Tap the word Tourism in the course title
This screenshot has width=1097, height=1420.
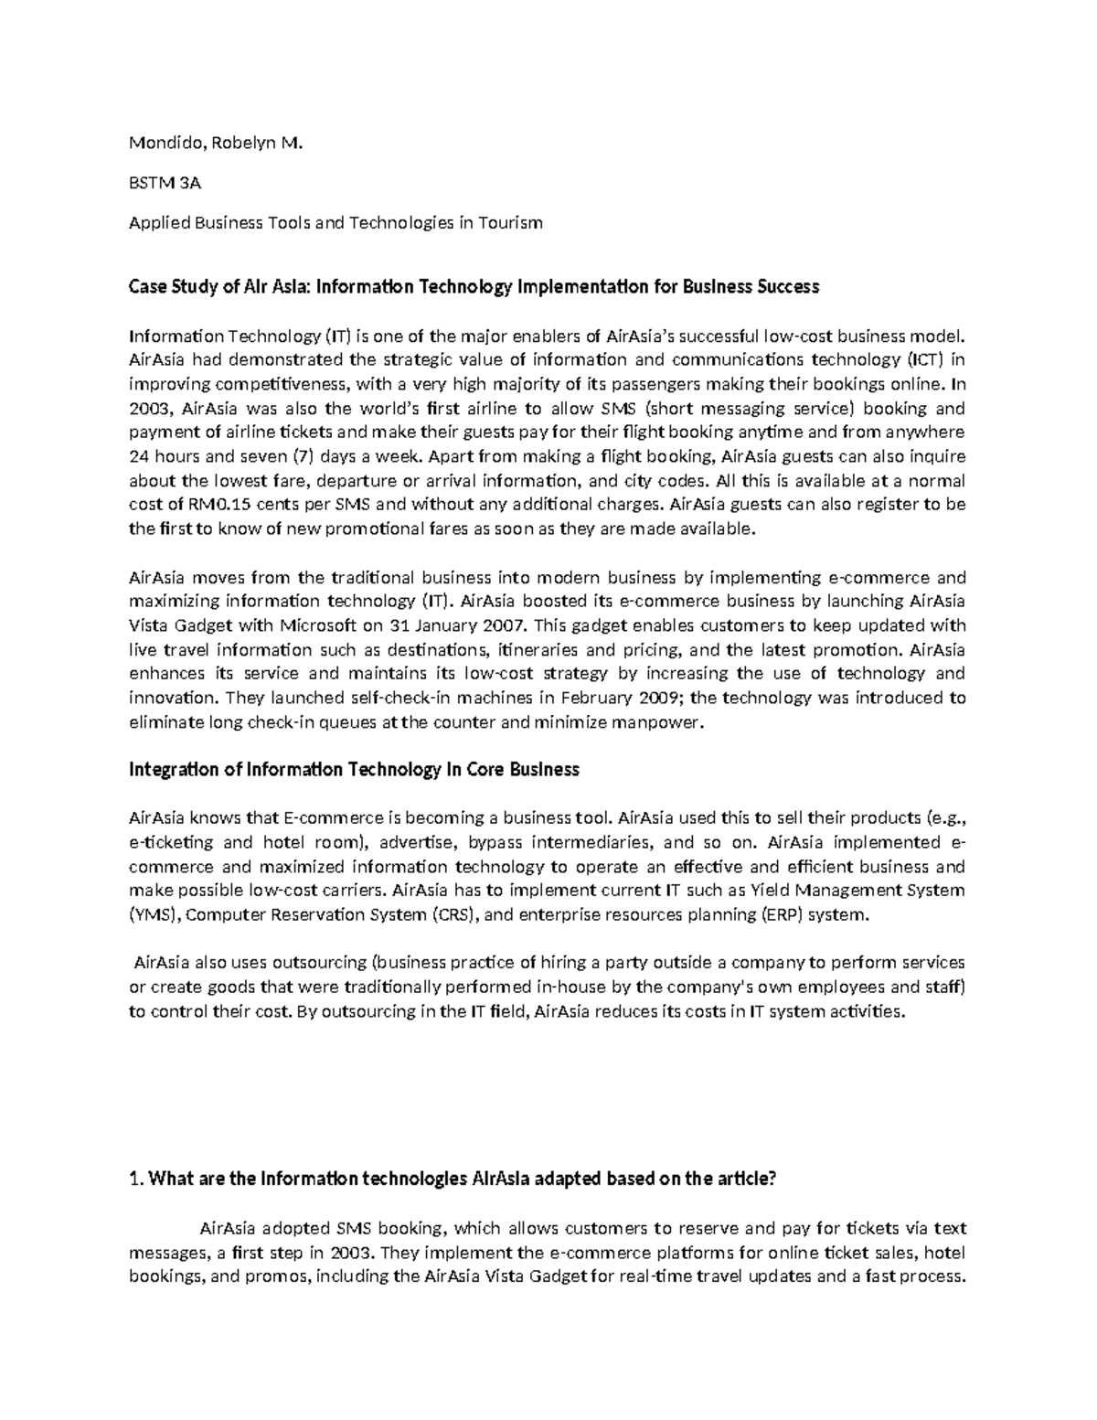coord(509,222)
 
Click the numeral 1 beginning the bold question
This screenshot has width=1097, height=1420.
coord(134,1180)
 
